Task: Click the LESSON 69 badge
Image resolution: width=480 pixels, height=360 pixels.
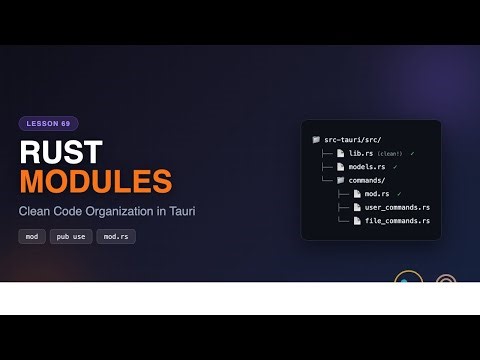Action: pyautogui.click(x=48, y=124)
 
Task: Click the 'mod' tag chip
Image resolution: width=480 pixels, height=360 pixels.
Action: pyautogui.click(x=32, y=237)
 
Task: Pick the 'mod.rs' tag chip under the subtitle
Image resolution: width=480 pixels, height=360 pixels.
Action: pyautogui.click(x=115, y=237)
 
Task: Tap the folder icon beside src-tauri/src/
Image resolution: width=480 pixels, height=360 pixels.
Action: pyautogui.click(x=316, y=140)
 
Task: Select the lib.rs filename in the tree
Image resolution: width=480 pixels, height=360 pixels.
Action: pyautogui.click(x=361, y=153)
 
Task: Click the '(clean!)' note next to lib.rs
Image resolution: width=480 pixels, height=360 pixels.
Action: pyautogui.click(x=391, y=153)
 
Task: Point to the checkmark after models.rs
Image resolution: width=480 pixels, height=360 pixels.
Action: pyautogui.click(x=396, y=166)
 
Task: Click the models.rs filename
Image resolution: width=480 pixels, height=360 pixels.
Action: pyautogui.click(x=367, y=166)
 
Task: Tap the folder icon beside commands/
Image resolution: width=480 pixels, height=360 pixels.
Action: pyautogui.click(x=341, y=179)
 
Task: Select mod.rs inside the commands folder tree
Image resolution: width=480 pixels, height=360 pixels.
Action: pyautogui.click(x=376, y=193)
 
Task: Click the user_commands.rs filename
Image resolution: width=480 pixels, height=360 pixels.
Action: pyautogui.click(x=397, y=206)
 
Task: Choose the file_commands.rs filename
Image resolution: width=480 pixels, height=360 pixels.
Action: pyautogui.click(x=397, y=219)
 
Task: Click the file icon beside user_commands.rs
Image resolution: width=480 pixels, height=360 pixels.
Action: pyautogui.click(x=357, y=206)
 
